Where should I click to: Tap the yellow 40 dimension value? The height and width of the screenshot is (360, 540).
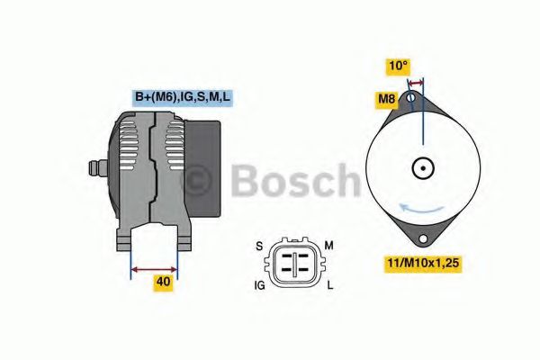click(163, 283)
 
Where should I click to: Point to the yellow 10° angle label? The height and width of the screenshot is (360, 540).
click(398, 65)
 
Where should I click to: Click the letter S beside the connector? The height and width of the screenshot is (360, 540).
click(259, 246)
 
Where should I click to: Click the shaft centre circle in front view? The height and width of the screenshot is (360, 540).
click(422, 167)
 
